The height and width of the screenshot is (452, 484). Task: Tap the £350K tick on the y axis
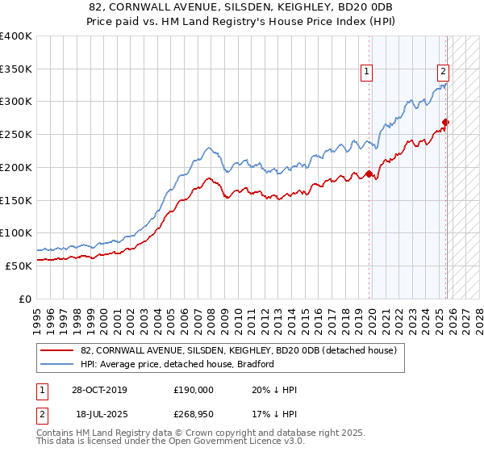(x=16, y=69)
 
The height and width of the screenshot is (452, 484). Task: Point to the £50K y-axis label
(x=19, y=266)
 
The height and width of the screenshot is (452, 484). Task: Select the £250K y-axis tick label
(x=16, y=135)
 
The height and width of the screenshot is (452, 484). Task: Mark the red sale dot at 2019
(x=369, y=174)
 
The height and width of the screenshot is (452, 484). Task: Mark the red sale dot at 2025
(x=445, y=123)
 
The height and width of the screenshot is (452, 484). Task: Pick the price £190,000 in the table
(x=193, y=390)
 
